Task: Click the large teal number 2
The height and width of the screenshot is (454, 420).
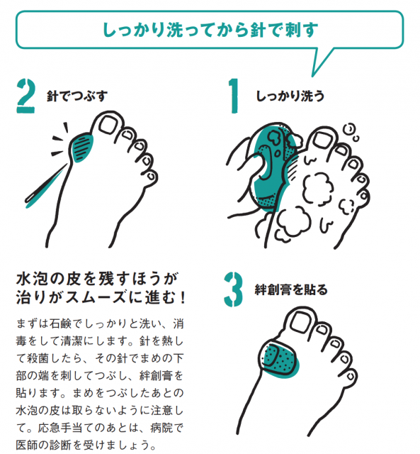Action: (x=25, y=96)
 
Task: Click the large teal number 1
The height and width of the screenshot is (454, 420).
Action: (x=234, y=96)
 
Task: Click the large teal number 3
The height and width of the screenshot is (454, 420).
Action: (x=233, y=289)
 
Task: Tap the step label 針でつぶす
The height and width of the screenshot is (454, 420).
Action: (x=77, y=96)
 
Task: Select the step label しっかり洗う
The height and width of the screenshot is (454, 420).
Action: (x=290, y=96)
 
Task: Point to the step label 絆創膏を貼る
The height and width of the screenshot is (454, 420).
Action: (x=291, y=289)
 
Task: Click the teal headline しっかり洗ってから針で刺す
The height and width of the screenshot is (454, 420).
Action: (x=210, y=30)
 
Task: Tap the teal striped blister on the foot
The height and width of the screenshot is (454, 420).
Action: (x=82, y=147)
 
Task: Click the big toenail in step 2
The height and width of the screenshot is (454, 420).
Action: (x=108, y=125)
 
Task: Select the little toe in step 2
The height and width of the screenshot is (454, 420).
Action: (x=151, y=177)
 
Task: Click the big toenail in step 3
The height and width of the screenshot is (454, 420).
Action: (x=300, y=322)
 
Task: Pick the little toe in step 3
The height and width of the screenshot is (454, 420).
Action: (x=350, y=376)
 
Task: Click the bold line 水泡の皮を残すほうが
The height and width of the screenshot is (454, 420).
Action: (x=97, y=279)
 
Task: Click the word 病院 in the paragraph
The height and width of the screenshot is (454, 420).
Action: (x=161, y=428)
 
